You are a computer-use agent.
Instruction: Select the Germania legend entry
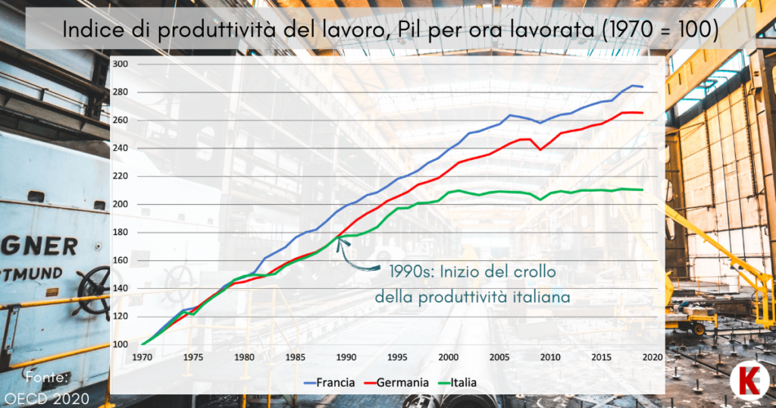point(397,383)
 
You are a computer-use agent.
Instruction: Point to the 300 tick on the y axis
point(120,64)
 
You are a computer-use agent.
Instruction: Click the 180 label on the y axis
point(120,232)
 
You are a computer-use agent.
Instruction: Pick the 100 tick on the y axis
point(120,344)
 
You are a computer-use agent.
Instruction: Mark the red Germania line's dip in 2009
point(540,149)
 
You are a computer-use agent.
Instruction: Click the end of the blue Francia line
point(643,86)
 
